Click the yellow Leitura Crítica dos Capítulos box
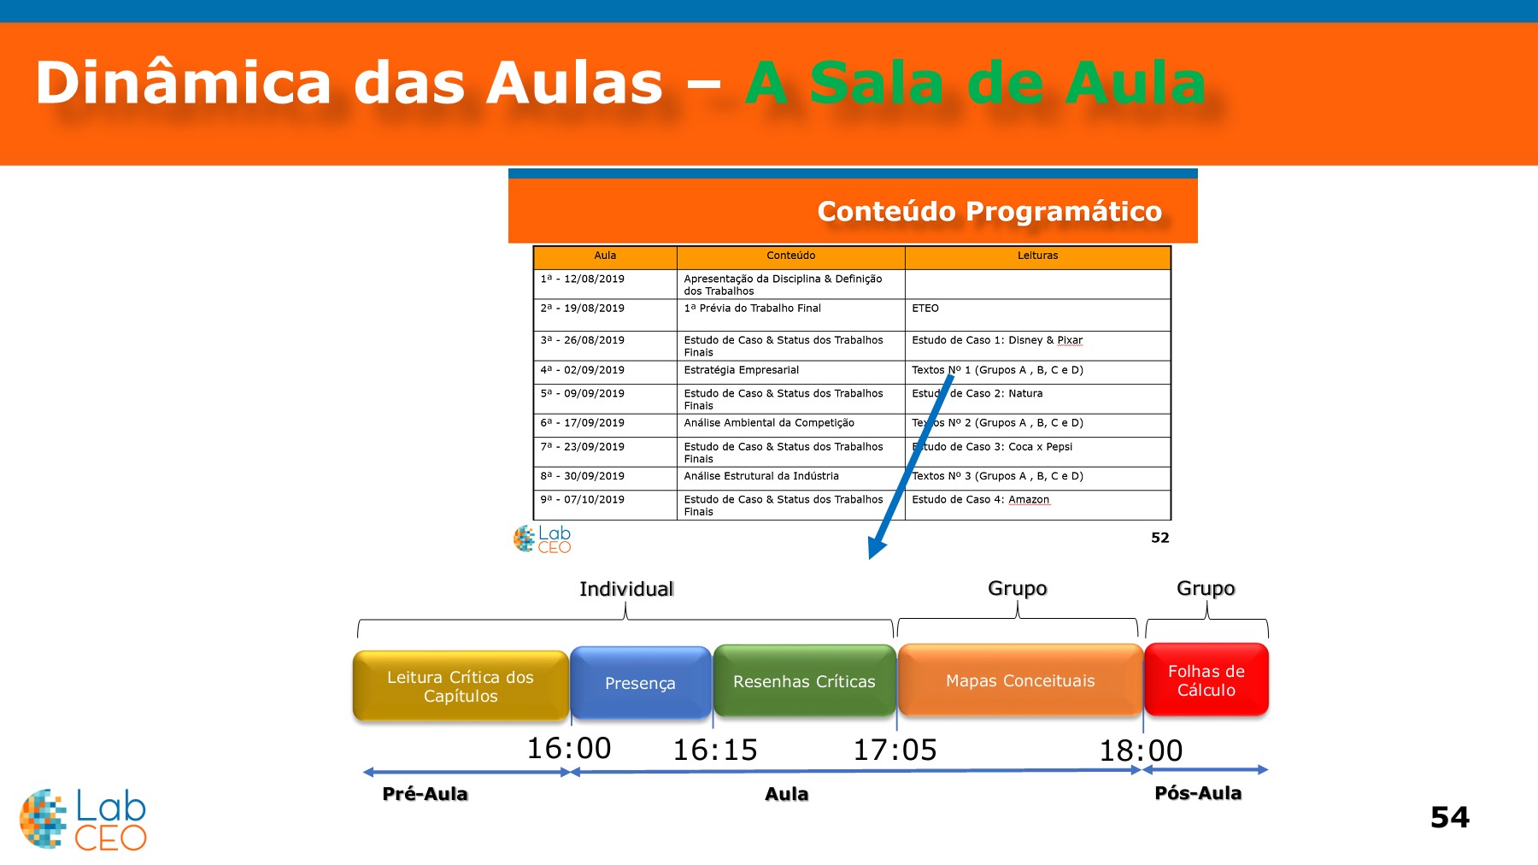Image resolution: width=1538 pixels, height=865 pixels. [x=461, y=686]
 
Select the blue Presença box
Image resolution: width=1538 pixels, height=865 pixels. [x=640, y=683]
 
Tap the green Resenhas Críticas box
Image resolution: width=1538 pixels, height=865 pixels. [x=804, y=681]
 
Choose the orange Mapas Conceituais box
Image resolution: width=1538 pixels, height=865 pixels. [x=1020, y=680]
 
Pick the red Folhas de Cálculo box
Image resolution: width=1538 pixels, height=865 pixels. [x=1206, y=680]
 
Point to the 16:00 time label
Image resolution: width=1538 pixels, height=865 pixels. [x=569, y=749]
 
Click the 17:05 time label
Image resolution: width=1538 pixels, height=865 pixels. [x=895, y=750]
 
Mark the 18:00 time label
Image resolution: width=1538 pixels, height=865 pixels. [x=1141, y=751]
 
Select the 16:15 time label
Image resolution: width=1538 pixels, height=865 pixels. [x=715, y=750]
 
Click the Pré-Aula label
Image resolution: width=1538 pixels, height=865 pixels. [x=425, y=794]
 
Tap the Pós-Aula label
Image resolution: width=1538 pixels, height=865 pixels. [x=1198, y=793]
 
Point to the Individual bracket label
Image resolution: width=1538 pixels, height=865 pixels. [x=626, y=589]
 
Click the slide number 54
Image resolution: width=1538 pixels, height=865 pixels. [x=1450, y=817]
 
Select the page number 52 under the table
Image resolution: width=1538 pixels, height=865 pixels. [x=1159, y=538]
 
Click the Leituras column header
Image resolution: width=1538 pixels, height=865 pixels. [x=1037, y=256]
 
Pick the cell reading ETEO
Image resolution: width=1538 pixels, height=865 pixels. [x=925, y=309]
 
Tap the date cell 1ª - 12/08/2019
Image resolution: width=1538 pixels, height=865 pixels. [x=583, y=280]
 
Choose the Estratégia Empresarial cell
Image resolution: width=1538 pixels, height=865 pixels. [x=742, y=370]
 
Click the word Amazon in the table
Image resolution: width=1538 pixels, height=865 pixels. [x=1029, y=500]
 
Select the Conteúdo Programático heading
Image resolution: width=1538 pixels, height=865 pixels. [x=989, y=211]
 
